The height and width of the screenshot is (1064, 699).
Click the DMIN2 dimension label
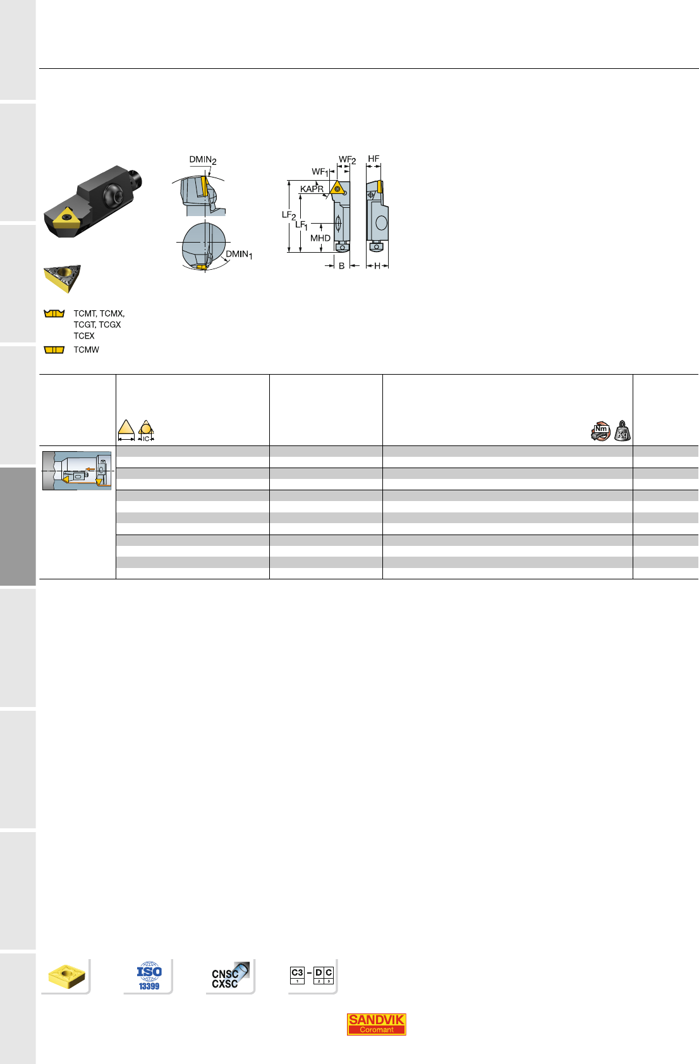[x=203, y=160]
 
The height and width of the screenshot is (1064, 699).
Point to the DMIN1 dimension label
[x=239, y=255]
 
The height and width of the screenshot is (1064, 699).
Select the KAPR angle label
[x=312, y=189]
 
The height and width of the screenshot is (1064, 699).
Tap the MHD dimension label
[x=320, y=238]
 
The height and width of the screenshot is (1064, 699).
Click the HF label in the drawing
[x=374, y=159]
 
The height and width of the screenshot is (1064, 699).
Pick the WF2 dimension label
[x=348, y=160]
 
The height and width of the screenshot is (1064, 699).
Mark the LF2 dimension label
[x=288, y=215]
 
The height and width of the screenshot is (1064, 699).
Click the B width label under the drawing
[x=342, y=266]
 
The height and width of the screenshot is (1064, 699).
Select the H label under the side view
[x=377, y=266]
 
